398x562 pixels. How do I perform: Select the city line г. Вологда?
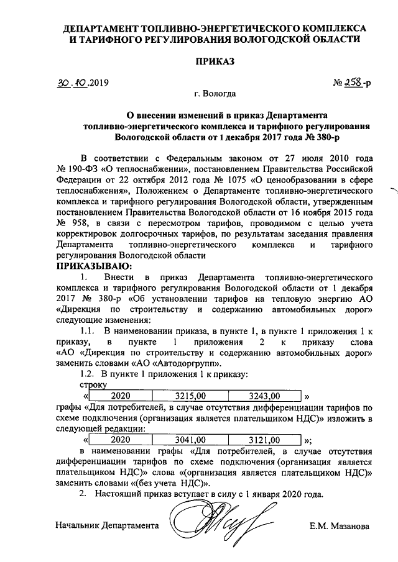tap(215, 95)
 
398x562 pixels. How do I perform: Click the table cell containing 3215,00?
tap(193, 395)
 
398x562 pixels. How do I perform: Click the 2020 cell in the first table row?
tap(124, 395)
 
